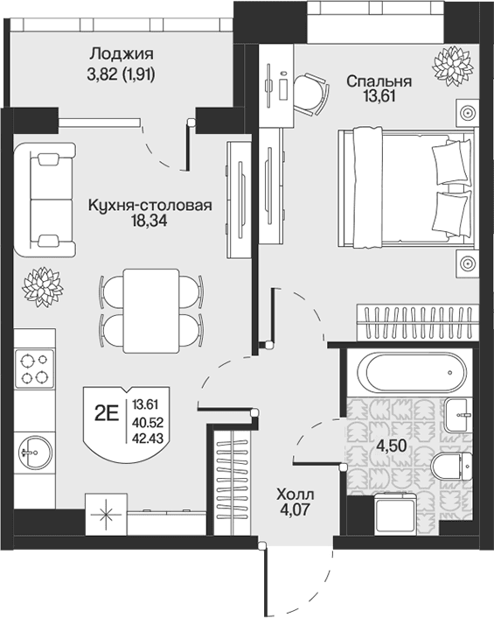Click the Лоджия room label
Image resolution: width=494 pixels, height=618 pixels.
122,53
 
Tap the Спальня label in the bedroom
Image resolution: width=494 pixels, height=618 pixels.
379,81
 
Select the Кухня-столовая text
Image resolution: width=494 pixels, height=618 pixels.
150,205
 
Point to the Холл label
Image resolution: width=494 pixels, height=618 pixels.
296,494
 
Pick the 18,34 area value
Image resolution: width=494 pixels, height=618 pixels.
150,221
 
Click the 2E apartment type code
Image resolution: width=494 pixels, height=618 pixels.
107,414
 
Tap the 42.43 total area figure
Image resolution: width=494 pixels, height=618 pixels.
148,438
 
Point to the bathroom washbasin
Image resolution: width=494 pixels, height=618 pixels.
458,415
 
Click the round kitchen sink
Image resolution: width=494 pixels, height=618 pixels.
34,453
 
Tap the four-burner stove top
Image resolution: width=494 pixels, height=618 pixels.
34,369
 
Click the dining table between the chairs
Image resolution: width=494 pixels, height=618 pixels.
151,311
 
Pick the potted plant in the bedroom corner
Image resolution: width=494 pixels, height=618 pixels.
452,66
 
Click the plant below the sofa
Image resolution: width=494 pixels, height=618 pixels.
43,287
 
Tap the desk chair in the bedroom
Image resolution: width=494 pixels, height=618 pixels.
311,95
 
